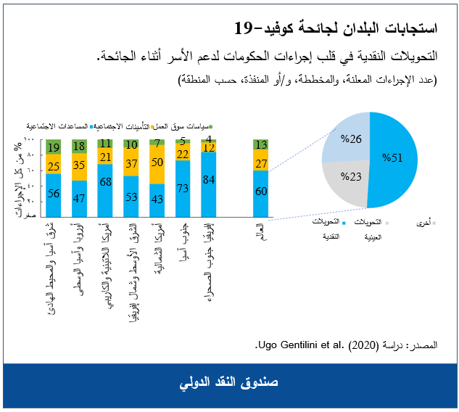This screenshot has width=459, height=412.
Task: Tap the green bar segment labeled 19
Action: point(52,148)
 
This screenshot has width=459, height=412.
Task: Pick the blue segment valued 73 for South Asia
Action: point(183,189)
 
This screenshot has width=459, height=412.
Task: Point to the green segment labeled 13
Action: point(261,145)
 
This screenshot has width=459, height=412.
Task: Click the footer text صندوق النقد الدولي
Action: point(229,382)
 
